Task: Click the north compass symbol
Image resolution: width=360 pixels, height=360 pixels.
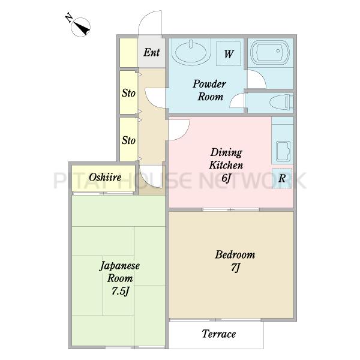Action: (79, 26)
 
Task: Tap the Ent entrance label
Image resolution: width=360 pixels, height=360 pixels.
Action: (152, 52)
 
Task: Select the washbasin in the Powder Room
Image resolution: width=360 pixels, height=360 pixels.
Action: (191, 52)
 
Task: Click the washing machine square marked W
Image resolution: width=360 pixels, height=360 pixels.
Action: (229, 54)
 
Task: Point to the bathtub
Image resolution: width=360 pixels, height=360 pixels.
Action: (270, 53)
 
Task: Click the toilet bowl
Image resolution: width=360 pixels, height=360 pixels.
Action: (281, 103)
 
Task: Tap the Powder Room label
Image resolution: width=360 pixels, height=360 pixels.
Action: (209, 90)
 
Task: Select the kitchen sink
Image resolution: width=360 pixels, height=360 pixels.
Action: (283, 152)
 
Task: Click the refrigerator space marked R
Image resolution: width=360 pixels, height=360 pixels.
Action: (282, 178)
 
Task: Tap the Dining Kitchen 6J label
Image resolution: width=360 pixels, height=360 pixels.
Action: (226, 165)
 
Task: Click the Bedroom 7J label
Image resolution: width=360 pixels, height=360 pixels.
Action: (235, 261)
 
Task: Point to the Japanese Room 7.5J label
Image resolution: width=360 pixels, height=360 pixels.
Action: (119, 278)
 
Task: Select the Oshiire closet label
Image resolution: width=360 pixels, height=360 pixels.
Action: (105, 177)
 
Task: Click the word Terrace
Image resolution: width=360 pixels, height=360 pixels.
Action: (219, 334)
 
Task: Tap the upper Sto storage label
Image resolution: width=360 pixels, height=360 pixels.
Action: (128, 93)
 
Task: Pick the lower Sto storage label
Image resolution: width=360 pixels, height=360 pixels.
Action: (128, 140)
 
